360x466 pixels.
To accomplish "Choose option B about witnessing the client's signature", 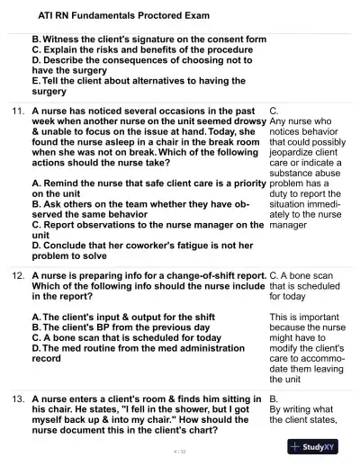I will click(x=148, y=40).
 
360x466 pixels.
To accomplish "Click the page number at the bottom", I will click(x=179, y=450).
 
